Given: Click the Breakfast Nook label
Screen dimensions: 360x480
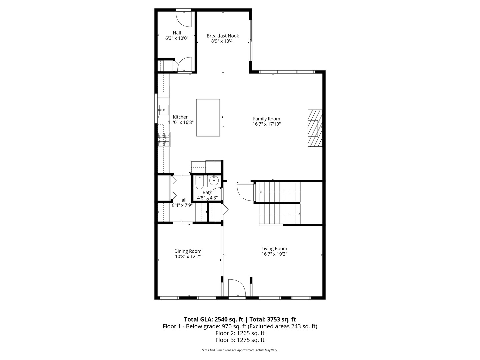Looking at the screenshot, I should (x=223, y=36).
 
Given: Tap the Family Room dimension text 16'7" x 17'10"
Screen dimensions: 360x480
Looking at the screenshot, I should (x=266, y=124).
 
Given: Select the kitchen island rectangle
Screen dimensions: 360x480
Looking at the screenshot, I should (x=208, y=118).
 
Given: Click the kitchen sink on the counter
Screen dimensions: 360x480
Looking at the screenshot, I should (x=163, y=109).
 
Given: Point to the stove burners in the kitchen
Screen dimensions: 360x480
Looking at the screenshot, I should (x=164, y=139).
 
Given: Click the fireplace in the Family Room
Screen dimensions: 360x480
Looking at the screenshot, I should (x=315, y=128).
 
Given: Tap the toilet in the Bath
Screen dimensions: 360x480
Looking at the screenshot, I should (x=199, y=183).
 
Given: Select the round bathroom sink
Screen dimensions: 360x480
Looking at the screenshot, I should (x=213, y=181).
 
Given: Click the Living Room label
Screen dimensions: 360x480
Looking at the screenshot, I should (x=274, y=248).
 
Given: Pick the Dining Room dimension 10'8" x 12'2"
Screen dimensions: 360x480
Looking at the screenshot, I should (x=188, y=257).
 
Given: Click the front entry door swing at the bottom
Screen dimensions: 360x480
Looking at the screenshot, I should (x=236, y=288).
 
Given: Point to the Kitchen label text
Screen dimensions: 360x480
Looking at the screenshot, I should (x=181, y=117).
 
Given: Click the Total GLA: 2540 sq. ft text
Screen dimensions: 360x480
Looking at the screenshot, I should (x=213, y=319).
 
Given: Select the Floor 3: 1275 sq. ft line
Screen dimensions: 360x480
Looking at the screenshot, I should (x=240, y=340).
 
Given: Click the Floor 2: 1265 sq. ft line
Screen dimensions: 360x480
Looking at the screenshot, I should (x=240, y=333).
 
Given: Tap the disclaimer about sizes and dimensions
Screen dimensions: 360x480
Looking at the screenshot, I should (x=240, y=350).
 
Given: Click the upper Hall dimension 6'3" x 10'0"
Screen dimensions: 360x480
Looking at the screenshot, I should (x=177, y=38).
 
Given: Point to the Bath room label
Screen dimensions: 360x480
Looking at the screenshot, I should (x=207, y=192).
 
